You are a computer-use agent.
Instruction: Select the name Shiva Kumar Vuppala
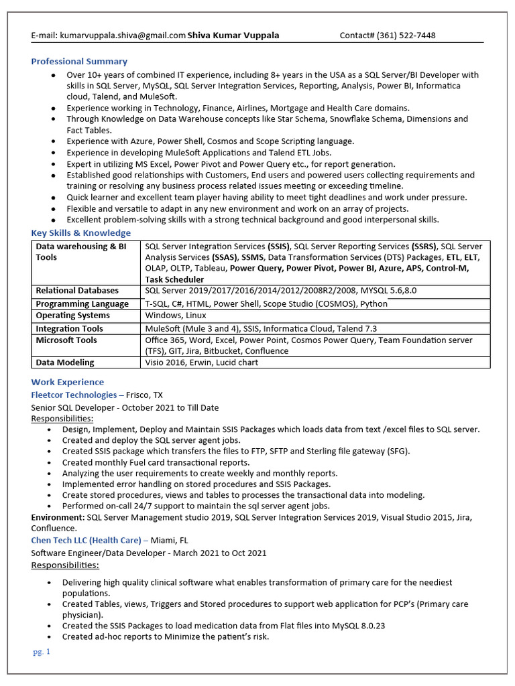click(233, 36)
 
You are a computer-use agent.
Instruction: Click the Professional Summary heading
click(79, 62)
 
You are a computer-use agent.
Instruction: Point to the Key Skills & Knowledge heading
click(80, 233)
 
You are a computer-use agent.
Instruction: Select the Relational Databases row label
click(77, 291)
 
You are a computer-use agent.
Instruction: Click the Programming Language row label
click(82, 303)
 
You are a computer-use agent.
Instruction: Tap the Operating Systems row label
click(72, 316)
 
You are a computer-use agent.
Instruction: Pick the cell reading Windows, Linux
click(176, 316)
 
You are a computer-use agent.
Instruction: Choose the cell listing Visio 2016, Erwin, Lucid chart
click(201, 362)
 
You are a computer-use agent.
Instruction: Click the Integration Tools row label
click(69, 329)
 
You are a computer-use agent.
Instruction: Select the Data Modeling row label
click(65, 362)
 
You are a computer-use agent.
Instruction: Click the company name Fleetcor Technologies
click(74, 395)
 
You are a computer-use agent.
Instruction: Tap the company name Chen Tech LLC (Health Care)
click(86, 540)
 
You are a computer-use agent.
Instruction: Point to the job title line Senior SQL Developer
click(125, 407)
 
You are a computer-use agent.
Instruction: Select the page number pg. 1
click(42, 652)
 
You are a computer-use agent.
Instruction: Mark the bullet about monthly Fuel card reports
click(156, 462)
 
